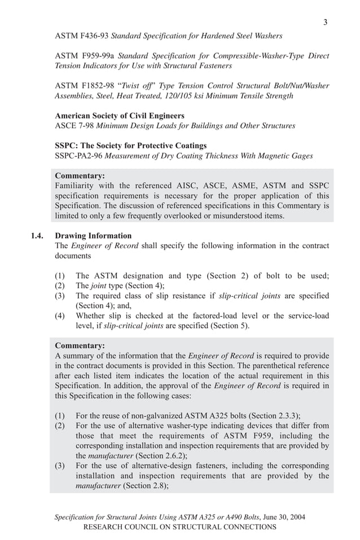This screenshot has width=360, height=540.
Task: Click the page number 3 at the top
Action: (x=325, y=22)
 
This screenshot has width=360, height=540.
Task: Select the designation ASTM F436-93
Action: (x=82, y=36)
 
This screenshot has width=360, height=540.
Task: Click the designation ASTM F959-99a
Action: (x=85, y=56)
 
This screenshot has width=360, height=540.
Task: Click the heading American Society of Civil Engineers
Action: (x=120, y=116)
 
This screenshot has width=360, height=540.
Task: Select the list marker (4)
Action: (x=60, y=316)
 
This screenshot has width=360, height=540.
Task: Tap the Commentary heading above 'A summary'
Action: (x=80, y=345)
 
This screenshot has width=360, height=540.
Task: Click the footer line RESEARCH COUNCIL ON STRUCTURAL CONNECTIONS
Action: (x=179, y=526)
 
